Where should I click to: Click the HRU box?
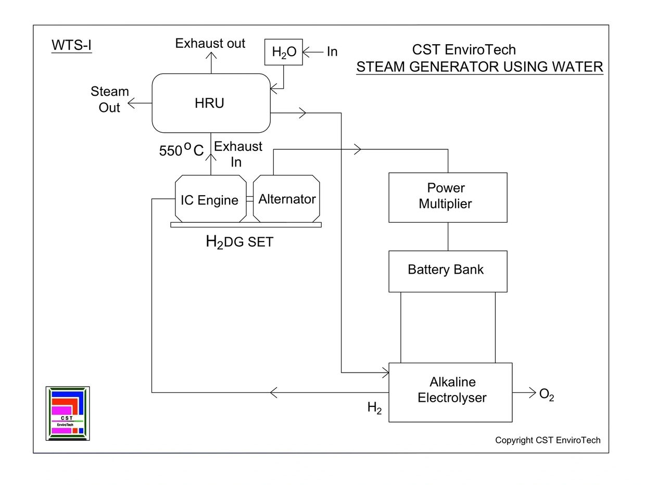[x=211, y=103]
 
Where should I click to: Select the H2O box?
[x=283, y=52]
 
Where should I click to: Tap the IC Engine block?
[x=210, y=199]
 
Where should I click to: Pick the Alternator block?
[x=287, y=199]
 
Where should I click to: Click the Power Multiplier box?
[x=448, y=197]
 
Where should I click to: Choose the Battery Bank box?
[x=448, y=271]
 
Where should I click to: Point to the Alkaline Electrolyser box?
[x=451, y=391]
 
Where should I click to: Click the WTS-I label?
[x=71, y=46]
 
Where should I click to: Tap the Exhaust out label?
[x=210, y=43]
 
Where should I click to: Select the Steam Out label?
[x=109, y=99]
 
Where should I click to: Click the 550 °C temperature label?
[x=181, y=151]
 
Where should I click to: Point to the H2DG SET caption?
[x=239, y=242]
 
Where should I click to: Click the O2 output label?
[x=546, y=395]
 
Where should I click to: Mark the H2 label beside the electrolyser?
[x=374, y=408]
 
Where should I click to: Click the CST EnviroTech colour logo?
[x=68, y=413]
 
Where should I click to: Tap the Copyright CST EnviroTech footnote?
[x=548, y=440]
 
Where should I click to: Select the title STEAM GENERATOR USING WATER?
[x=479, y=67]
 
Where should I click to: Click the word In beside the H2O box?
[x=332, y=52]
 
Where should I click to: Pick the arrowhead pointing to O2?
[x=532, y=392]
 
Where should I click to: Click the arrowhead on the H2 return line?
[x=274, y=392]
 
